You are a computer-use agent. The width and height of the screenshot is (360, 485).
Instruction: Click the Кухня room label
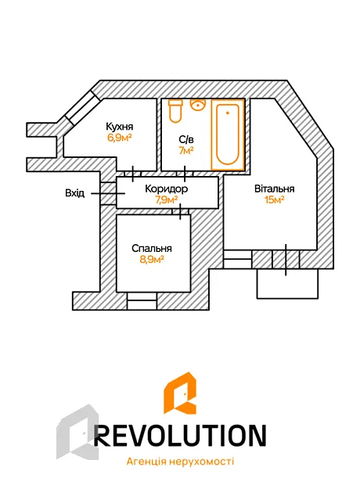pyautogui.click(x=120, y=127)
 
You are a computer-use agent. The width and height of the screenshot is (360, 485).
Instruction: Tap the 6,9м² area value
pyautogui.click(x=120, y=138)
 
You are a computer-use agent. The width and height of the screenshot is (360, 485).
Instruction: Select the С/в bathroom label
pyautogui.click(x=186, y=140)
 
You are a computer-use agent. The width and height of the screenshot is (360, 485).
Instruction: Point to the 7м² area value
pyautogui.click(x=186, y=151)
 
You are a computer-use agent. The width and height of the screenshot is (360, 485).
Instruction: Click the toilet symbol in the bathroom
pyautogui.click(x=175, y=111)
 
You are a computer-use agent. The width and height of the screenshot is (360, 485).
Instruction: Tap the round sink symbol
pyautogui.click(x=198, y=105)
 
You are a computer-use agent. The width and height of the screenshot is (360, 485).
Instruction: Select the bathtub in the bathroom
pyautogui.click(x=228, y=135)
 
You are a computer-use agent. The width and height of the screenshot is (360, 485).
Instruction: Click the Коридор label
pyautogui.click(x=166, y=189)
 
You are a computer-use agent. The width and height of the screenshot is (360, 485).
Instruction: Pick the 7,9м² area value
pyautogui.click(x=166, y=200)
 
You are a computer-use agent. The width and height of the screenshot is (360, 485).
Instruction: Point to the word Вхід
pyautogui.click(x=74, y=193)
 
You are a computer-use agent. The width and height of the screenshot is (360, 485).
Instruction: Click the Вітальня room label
pyautogui.click(x=274, y=189)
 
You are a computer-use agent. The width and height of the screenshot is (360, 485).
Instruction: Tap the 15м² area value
pyautogui.click(x=274, y=200)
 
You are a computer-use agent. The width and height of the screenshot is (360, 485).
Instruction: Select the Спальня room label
pyautogui.click(x=151, y=249)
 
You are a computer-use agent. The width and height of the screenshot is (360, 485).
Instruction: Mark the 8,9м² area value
pyautogui.click(x=151, y=260)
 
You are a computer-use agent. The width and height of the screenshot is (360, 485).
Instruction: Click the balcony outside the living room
pyautogui.click(x=287, y=284)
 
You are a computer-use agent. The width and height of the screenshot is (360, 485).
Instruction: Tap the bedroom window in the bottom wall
pyautogui.click(x=142, y=300)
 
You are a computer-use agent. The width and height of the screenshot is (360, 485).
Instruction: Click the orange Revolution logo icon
pyautogui.click(x=180, y=393)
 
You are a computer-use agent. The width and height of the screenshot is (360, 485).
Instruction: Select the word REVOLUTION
pyautogui.click(x=180, y=435)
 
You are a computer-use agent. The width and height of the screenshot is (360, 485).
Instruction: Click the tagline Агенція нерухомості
pyautogui.click(x=180, y=462)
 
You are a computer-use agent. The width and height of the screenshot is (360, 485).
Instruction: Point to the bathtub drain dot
pyautogui.click(x=228, y=113)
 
